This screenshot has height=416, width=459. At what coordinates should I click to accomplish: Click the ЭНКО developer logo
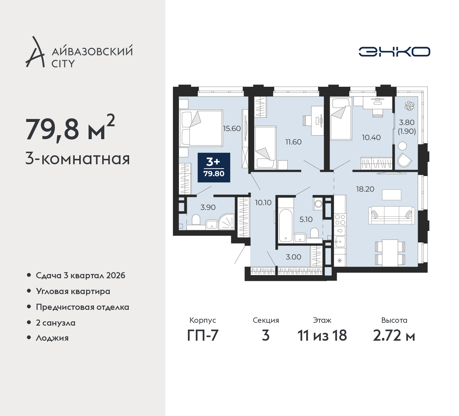pyautogui.click(x=394, y=52)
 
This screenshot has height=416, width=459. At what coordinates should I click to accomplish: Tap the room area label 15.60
pyautogui.click(x=232, y=129)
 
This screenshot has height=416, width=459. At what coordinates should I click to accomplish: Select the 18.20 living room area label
pyautogui.click(x=365, y=189)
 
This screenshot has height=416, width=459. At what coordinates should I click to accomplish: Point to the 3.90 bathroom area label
pyautogui.click(x=208, y=207)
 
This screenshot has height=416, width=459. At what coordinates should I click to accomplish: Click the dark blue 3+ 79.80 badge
pyautogui.click(x=214, y=167)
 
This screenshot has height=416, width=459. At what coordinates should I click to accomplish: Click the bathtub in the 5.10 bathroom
pyautogui.click(x=286, y=225)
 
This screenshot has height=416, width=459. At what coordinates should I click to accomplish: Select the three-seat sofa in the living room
pyautogui.click(x=392, y=215)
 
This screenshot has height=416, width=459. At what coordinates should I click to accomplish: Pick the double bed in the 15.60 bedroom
pyautogui.click(x=201, y=128)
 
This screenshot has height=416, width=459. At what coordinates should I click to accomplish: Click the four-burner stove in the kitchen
pyautogui.click(x=340, y=220)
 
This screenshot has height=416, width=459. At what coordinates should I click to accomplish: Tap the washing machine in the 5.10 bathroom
pyautogui.click(x=318, y=203)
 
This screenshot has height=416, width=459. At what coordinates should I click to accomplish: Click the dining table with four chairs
pyautogui.click(x=390, y=253)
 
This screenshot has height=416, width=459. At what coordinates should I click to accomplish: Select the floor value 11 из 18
pyautogui.click(x=322, y=335)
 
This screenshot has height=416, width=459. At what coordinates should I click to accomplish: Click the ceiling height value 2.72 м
pyautogui.click(x=394, y=335)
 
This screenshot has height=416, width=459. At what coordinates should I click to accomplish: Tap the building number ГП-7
pyautogui.click(x=203, y=335)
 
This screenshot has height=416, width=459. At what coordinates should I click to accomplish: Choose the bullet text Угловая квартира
pyautogui.click(x=73, y=292)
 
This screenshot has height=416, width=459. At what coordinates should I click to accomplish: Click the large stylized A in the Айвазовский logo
pyautogui.click(x=35, y=52)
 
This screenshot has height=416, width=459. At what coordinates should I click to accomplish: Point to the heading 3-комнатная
pyautogui.click(x=77, y=159)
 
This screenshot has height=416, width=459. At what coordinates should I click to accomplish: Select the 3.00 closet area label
pyautogui.click(x=293, y=257)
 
